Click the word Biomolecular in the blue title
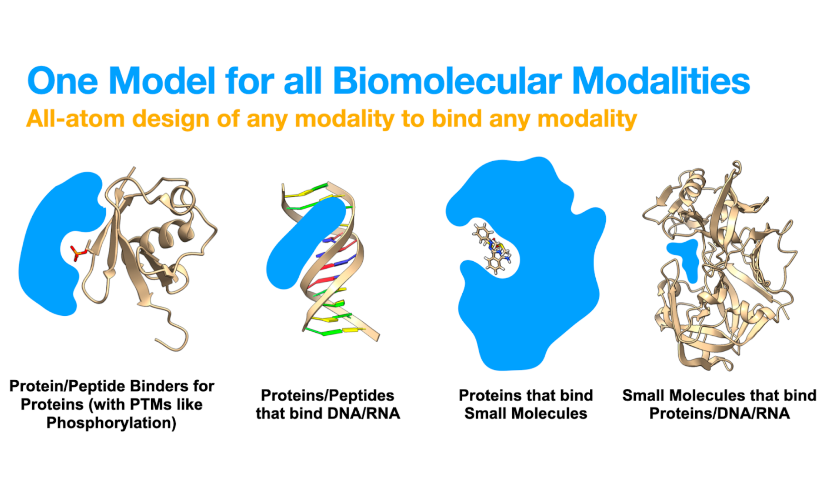coord(447,81)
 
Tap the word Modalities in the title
coord(661,81)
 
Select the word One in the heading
coord(63,81)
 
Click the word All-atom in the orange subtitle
coord(75,119)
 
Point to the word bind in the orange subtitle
coord(456,119)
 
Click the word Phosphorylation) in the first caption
coord(111,423)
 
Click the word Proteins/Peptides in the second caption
coord(327,395)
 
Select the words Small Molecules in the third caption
coord(526,413)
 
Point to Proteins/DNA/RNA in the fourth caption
coord(719,413)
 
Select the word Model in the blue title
coord(162,81)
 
